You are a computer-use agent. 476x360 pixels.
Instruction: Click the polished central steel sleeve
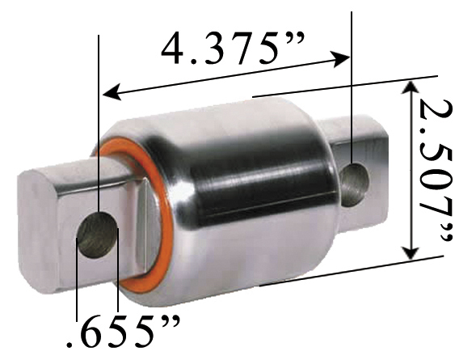click(x=242, y=186)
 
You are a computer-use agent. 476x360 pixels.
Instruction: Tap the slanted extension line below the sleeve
click(x=348, y=271)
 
